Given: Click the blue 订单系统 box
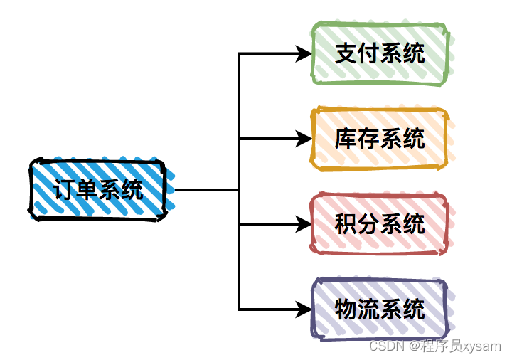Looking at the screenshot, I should pos(98,189).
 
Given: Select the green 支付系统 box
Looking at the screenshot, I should pos(380,53).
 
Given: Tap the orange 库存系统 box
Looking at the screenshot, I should pos(380,139).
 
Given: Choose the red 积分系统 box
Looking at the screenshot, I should pos(380,224).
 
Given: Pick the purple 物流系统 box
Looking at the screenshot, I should pos(380,309).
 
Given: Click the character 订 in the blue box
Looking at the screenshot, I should pos(65,190).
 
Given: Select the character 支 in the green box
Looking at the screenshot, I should pos(346,53).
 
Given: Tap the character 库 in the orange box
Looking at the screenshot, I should pos(346,139).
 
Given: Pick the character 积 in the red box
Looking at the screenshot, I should pos(346,224).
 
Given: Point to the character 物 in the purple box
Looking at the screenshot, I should pos(346,309).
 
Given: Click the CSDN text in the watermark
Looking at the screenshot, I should pos(386,346).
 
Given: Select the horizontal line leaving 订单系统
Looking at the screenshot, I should pos(206,190).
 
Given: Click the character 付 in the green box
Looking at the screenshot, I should pos(368,53).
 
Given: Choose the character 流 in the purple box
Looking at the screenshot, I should pos(368,309).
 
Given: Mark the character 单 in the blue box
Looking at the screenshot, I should pos(87,190).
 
